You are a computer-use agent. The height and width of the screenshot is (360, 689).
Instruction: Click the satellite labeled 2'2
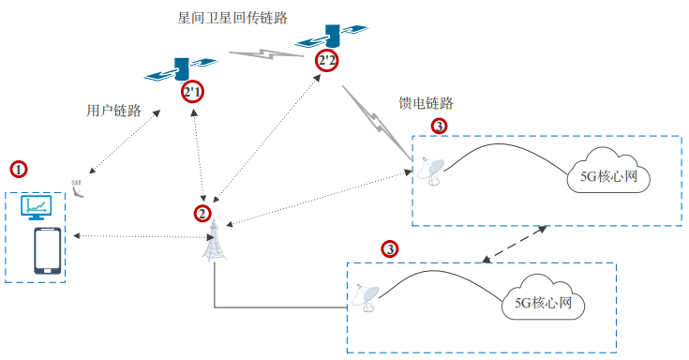(x=327, y=38)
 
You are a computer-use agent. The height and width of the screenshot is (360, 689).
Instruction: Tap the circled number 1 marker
(x=19, y=170)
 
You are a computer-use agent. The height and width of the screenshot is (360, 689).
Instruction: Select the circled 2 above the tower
(x=202, y=213)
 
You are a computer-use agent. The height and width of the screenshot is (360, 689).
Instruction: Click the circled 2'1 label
(x=192, y=92)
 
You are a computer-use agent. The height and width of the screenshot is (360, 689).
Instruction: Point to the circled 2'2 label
(x=327, y=61)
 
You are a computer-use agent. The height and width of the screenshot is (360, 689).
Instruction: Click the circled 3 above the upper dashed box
(x=440, y=125)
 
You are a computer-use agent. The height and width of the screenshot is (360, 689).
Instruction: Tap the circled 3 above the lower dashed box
(x=390, y=248)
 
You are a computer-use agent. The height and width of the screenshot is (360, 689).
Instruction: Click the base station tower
(x=215, y=242)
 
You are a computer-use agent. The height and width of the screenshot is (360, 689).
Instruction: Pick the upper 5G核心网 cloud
(x=607, y=175)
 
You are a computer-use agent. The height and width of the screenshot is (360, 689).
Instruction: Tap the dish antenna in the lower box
(x=367, y=298)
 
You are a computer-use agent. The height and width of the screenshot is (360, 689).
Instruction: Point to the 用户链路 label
(x=113, y=111)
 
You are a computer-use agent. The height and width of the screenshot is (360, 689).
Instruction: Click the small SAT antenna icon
(x=80, y=187)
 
